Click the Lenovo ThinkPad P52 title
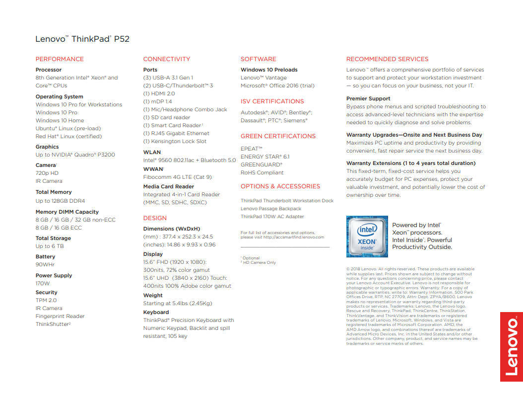[x=82, y=39]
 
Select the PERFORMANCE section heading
[x=60, y=59]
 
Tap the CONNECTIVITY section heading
[x=167, y=59]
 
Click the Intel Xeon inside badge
[x=367, y=237]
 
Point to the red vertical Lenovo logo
[x=512, y=347]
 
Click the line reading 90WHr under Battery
[x=45, y=265]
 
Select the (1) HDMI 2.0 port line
[x=159, y=93]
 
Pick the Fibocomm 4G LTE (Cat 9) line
[x=178, y=177]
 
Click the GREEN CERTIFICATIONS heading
[x=278, y=136]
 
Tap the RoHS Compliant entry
[x=262, y=172]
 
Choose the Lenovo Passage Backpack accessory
[x=271, y=209]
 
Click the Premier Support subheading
[x=368, y=99]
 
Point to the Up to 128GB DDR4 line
[x=60, y=201]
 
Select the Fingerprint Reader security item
[x=60, y=316]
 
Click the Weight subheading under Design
[x=153, y=295]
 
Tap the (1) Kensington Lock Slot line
[x=175, y=141]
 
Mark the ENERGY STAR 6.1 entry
[x=265, y=157]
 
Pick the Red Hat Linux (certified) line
[x=68, y=136]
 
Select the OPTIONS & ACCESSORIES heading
[x=280, y=186]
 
